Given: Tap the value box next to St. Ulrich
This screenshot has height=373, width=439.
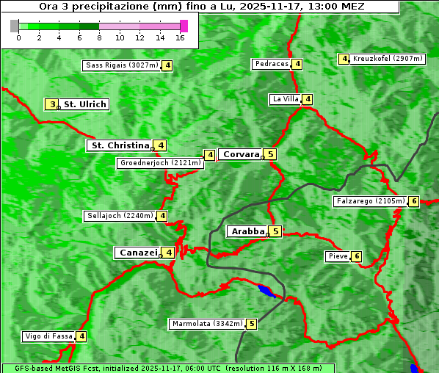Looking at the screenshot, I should [x=51, y=104].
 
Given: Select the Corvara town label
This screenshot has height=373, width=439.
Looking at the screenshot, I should [x=242, y=154].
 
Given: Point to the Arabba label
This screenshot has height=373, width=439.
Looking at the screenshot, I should [x=247, y=231].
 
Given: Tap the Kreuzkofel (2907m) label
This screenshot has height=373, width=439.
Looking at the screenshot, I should [x=388, y=59].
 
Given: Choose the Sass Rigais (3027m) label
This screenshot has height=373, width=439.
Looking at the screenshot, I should [x=122, y=65].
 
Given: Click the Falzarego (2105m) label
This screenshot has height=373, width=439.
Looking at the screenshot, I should [x=370, y=201].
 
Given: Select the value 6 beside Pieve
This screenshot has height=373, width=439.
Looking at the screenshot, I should [x=357, y=256].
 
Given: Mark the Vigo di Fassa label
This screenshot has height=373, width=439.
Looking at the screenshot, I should [x=49, y=336].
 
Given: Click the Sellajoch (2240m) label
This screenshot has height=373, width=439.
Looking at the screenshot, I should [x=120, y=216].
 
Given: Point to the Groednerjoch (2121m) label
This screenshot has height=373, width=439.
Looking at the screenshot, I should [x=159, y=163].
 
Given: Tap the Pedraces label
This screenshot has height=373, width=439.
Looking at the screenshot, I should [x=272, y=64].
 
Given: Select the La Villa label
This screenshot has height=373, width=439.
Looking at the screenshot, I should [x=285, y=99].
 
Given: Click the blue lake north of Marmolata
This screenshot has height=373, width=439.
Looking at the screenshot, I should [x=267, y=291].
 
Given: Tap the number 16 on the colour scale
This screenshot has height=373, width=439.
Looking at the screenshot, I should [x=180, y=37].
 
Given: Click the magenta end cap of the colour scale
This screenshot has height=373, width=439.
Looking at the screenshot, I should [x=184, y=26].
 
